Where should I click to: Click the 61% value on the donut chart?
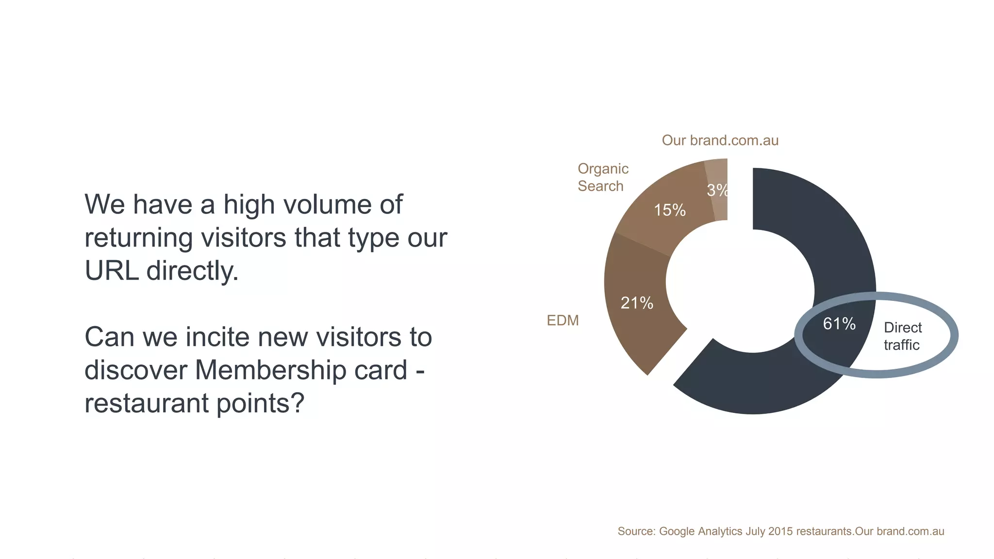[839, 324]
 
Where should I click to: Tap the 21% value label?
[637, 303]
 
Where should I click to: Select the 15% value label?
[669, 210]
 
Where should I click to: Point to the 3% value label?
[717, 190]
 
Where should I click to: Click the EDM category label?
[563, 321]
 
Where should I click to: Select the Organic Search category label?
[602, 178]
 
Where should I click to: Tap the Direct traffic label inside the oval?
[902, 336]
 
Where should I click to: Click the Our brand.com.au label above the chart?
[720, 141]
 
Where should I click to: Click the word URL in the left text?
[112, 271]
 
